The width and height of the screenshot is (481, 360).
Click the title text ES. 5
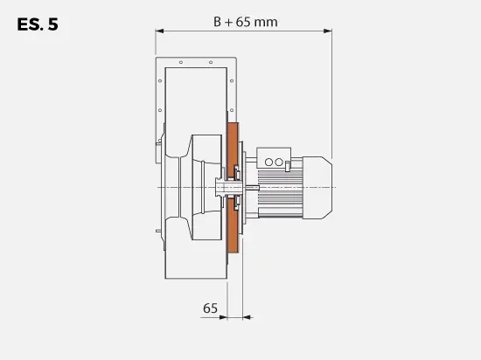click(x=37, y=24)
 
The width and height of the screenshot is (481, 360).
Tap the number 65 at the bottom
click(x=210, y=308)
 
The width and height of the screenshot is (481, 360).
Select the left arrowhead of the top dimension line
click(x=159, y=31)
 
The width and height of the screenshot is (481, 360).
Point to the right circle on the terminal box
click(x=282, y=162)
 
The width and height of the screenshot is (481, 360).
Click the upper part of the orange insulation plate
click(x=233, y=144)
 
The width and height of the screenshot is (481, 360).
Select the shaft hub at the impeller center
click(x=224, y=187)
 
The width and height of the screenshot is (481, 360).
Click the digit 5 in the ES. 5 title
click(x=53, y=24)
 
